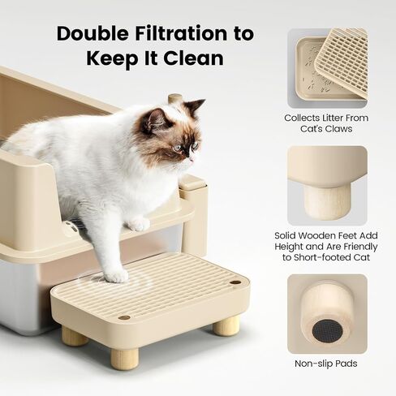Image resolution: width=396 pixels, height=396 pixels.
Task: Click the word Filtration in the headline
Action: pyautogui.click(x=181, y=33)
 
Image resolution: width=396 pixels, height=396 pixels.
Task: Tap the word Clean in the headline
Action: pyautogui.click(x=193, y=58)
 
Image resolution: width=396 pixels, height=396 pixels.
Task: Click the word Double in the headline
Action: pyautogui.click(x=93, y=33)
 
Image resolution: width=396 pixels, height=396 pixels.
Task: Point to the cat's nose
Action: pyautogui.click(x=191, y=158)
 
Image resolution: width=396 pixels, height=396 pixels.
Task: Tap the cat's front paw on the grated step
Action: pyautogui.click(x=117, y=276)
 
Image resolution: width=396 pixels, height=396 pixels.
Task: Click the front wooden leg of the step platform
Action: pyautogui.click(x=124, y=359)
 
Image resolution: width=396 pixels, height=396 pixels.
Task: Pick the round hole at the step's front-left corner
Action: pyautogui.click(x=124, y=317)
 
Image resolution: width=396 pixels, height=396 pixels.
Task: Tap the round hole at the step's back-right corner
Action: pyautogui.click(x=235, y=282)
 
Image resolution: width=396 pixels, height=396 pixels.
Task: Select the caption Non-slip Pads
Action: pyautogui.click(x=326, y=364)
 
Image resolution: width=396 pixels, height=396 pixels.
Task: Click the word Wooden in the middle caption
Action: pyautogui.click(x=320, y=235)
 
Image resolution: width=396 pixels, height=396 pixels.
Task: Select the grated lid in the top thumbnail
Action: pyautogui.click(x=342, y=62)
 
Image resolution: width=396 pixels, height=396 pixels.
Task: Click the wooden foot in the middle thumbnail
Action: pyautogui.click(x=327, y=201)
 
